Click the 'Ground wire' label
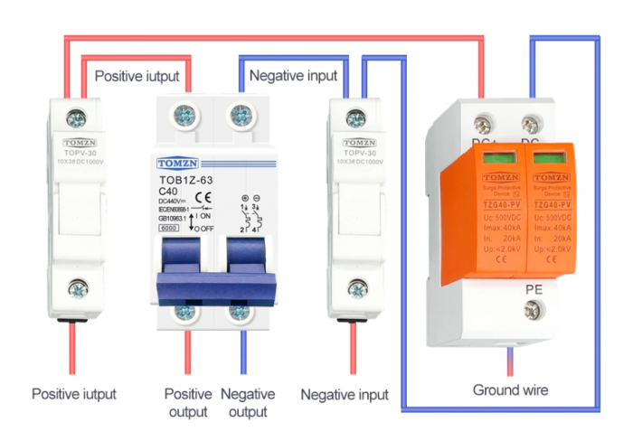[x=510, y=390]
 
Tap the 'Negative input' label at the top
[x=293, y=76]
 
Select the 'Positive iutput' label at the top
[x=137, y=76]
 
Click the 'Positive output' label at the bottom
[x=188, y=402]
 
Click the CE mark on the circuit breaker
[x=203, y=197]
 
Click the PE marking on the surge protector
[x=533, y=289]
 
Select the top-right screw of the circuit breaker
[x=241, y=116]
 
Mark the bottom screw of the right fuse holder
[x=358, y=289]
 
